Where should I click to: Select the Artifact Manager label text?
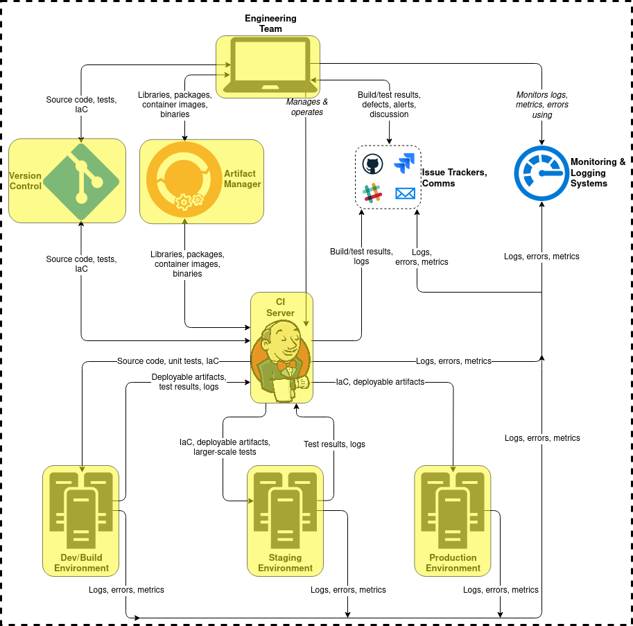click(242, 179)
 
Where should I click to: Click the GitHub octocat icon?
click(372, 165)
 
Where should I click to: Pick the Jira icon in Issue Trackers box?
click(404, 164)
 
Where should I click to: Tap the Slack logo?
click(373, 193)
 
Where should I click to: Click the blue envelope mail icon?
click(405, 193)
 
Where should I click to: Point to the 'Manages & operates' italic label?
click(307, 107)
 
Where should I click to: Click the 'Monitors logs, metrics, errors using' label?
click(542, 105)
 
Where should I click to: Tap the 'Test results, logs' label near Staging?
click(334, 444)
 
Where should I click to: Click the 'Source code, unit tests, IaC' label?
click(168, 361)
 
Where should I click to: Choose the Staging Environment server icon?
click(285, 510)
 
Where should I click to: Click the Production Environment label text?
click(453, 563)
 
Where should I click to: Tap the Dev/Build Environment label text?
click(82, 563)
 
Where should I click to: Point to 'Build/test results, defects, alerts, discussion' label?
click(389, 105)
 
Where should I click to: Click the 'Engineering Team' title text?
click(270, 24)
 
